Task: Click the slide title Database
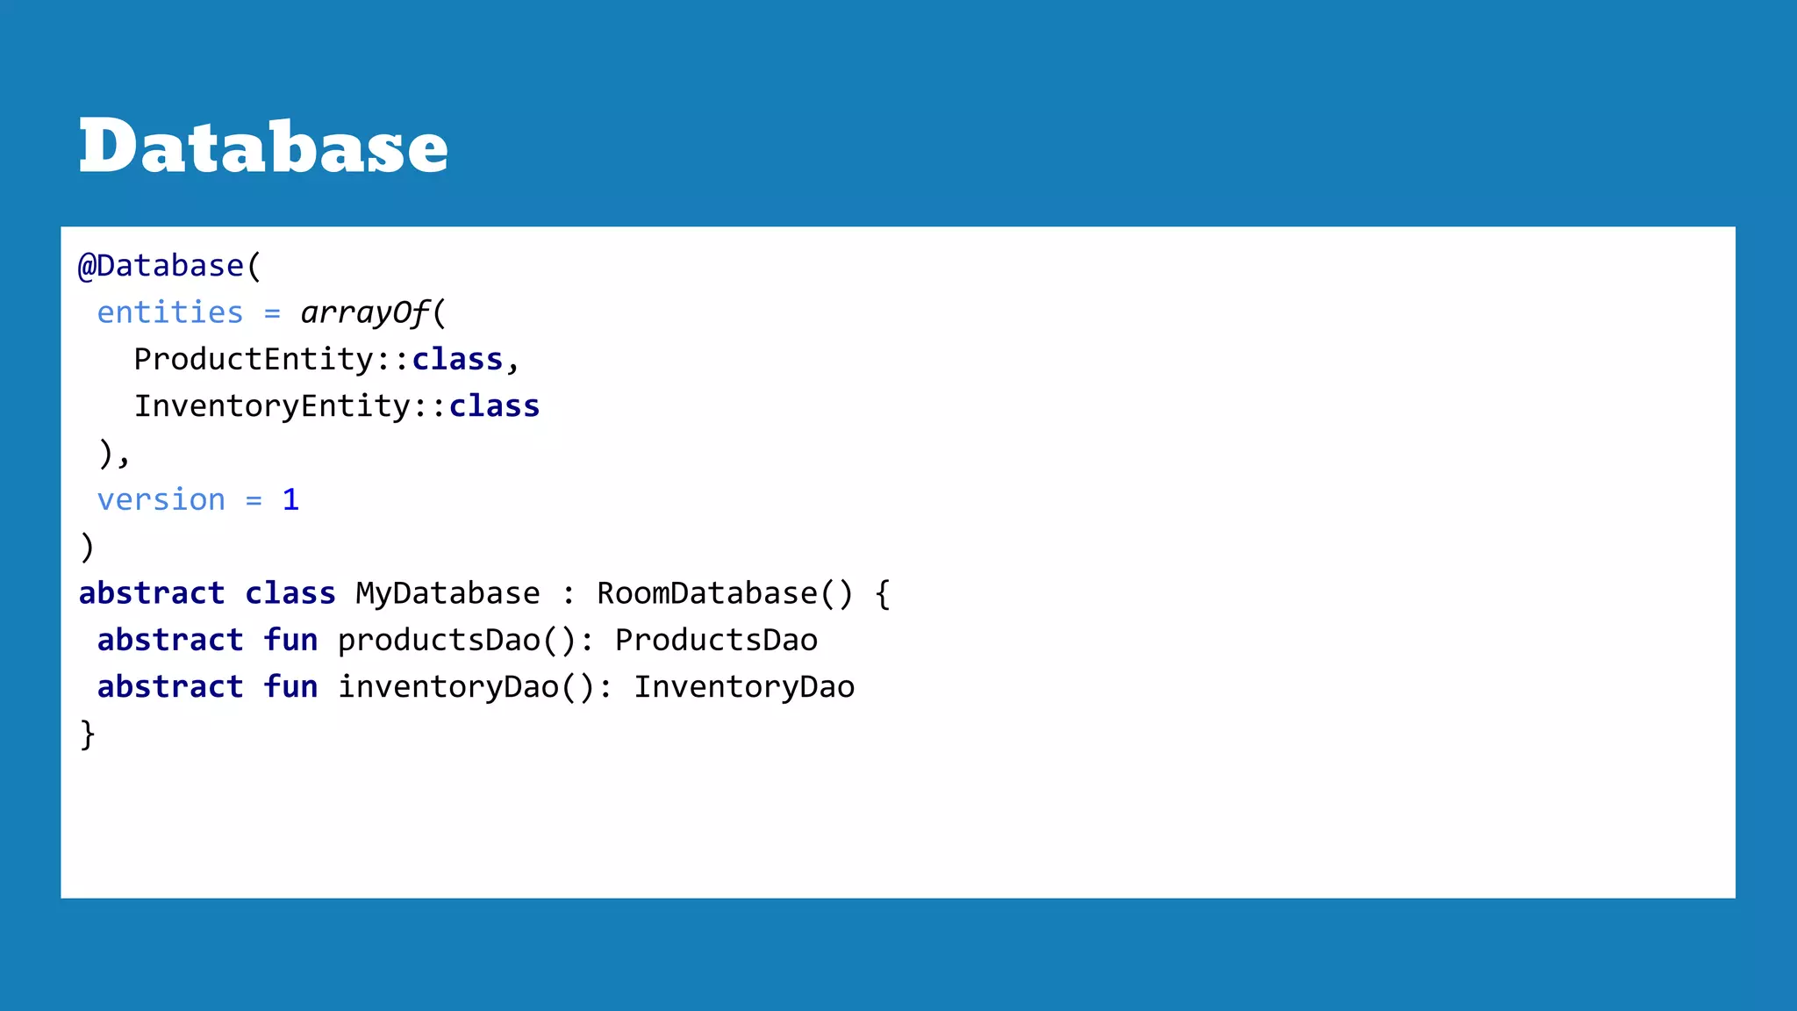pyautogui.click(x=263, y=147)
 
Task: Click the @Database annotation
pyautogui.click(x=161, y=266)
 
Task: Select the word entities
pyautogui.click(x=170, y=312)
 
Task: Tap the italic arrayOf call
pyautogui.click(x=364, y=312)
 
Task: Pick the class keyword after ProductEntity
pyautogui.click(x=457, y=360)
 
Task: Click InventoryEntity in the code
pyautogui.click(x=272, y=406)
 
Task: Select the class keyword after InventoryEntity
pyautogui.click(x=494, y=406)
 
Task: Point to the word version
pyautogui.click(x=161, y=500)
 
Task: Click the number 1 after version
pyautogui.click(x=290, y=500)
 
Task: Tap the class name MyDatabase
pyautogui.click(x=447, y=594)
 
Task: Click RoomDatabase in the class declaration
pyautogui.click(x=707, y=594)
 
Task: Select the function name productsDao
pyautogui.click(x=439, y=641)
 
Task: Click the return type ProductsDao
pyautogui.click(x=716, y=641)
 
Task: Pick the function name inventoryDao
pyautogui.click(x=448, y=687)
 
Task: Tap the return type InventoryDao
pyautogui.click(x=744, y=687)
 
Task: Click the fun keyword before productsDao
pyautogui.click(x=290, y=641)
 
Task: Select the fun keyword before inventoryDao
pyautogui.click(x=290, y=687)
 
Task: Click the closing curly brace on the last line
pyautogui.click(x=88, y=735)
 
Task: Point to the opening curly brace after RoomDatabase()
pyautogui.click(x=883, y=594)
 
